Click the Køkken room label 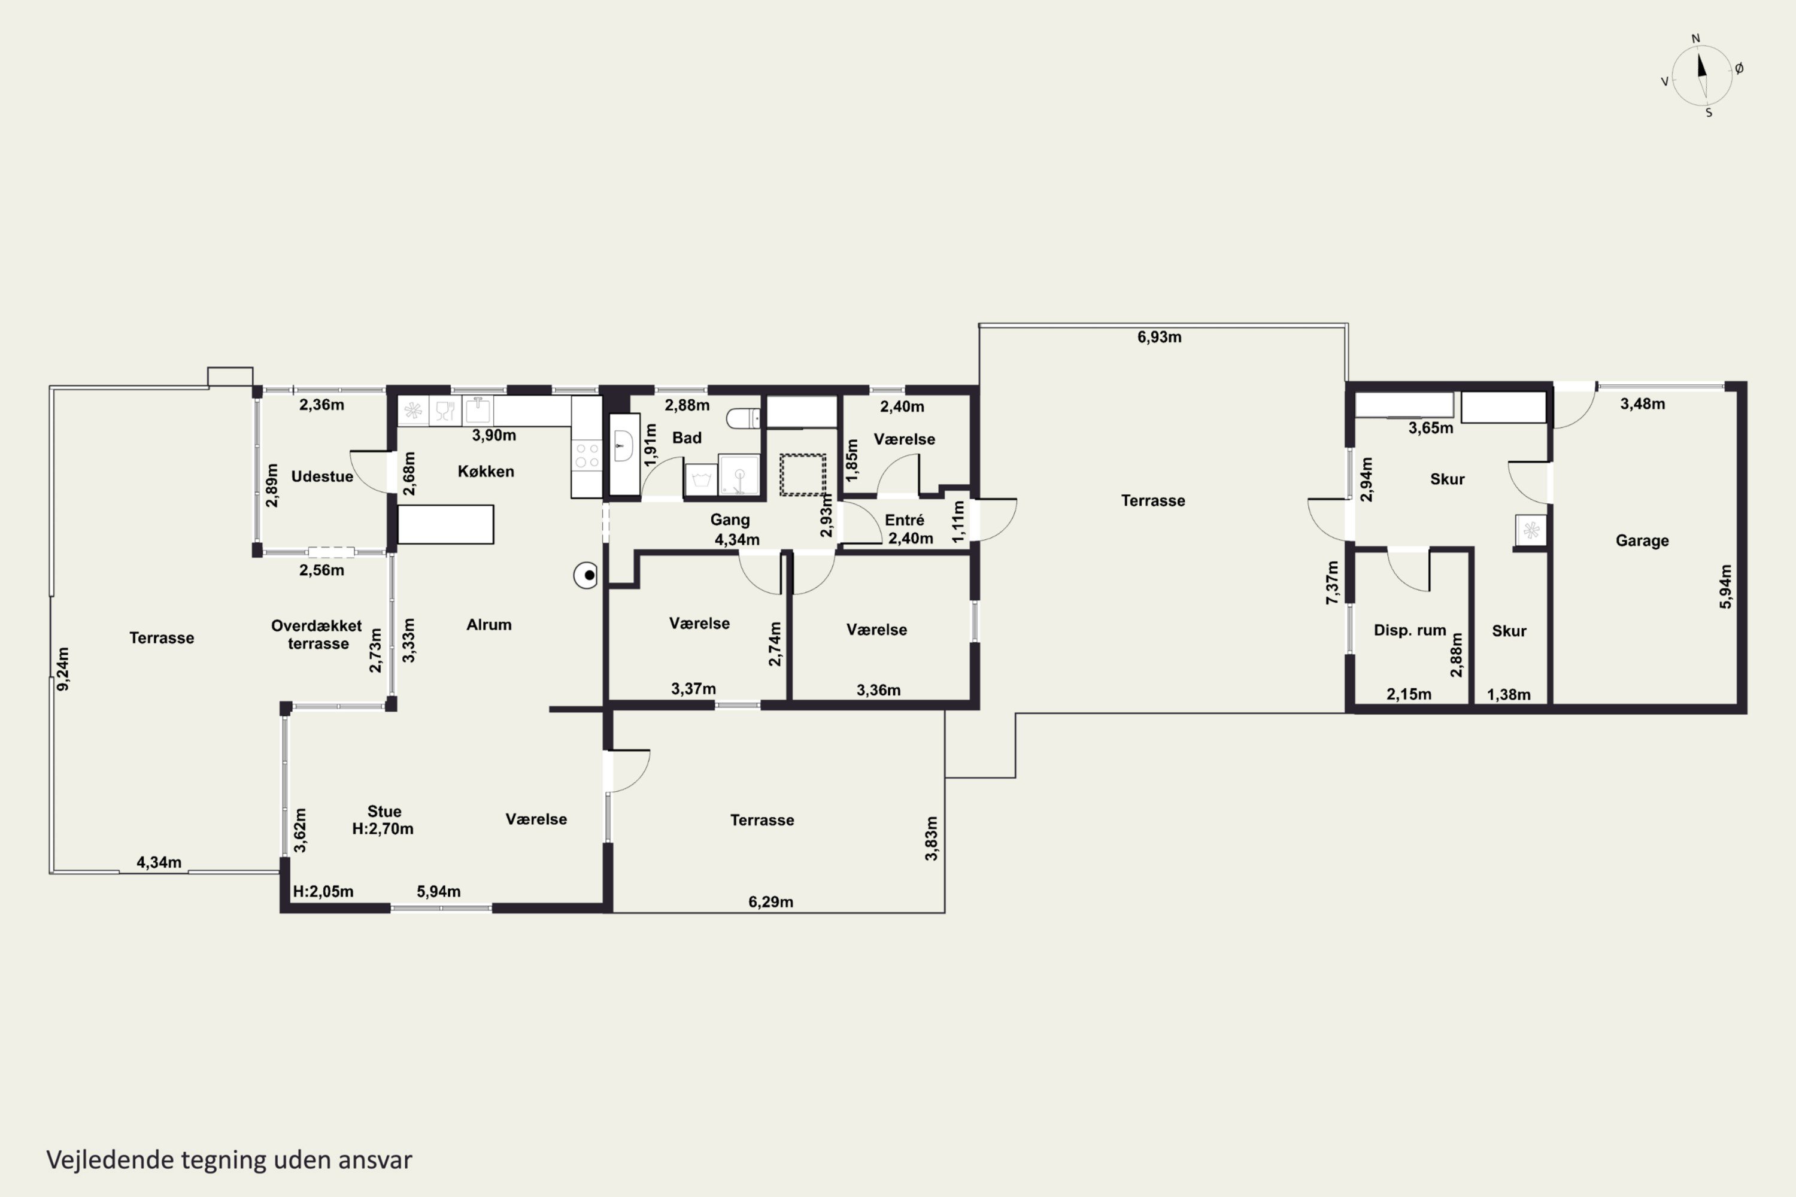click(x=486, y=471)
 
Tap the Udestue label click(x=322, y=476)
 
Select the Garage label click(x=1642, y=540)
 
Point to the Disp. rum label click(x=1410, y=630)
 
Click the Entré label click(x=904, y=520)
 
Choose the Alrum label click(x=489, y=624)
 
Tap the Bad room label click(x=687, y=438)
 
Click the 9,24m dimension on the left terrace click(x=63, y=669)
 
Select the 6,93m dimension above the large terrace click(x=1159, y=336)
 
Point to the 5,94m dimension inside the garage click(x=1726, y=587)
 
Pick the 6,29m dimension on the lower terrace click(x=770, y=901)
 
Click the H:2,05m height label click(x=323, y=891)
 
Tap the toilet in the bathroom click(x=743, y=418)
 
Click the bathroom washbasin click(x=623, y=445)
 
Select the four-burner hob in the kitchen click(x=587, y=455)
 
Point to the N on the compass click(x=1696, y=38)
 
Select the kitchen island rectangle click(x=446, y=524)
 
